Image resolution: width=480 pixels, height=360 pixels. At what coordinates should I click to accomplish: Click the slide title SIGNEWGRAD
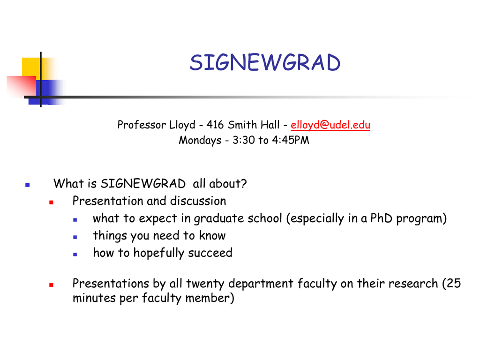(265, 62)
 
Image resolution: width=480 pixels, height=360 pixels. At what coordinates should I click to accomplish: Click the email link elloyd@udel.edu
(330, 125)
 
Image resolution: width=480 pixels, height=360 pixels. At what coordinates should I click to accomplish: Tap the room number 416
(215, 125)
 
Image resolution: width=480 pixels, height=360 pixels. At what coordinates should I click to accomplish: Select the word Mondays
(200, 140)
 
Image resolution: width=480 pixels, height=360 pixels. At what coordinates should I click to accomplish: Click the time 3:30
(244, 140)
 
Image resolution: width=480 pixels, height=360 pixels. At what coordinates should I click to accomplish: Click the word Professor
(141, 125)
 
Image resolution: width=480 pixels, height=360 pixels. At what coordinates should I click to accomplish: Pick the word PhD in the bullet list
(382, 218)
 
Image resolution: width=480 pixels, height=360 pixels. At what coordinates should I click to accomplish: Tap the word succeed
(210, 253)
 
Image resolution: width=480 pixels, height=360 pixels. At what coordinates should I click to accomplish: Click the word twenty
(205, 284)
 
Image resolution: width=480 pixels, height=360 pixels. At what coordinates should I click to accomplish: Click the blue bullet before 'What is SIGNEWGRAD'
(28, 185)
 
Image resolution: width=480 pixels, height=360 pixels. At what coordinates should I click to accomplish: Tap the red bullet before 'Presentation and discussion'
(51, 202)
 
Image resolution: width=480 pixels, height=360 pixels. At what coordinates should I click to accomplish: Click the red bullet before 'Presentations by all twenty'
(51, 285)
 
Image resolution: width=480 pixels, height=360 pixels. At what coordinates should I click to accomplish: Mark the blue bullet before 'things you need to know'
(75, 237)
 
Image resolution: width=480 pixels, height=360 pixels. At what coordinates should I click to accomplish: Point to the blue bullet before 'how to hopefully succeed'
(75, 254)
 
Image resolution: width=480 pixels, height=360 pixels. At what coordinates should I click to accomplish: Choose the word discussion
(198, 201)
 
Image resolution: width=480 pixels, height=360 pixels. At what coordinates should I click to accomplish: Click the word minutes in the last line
(94, 298)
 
